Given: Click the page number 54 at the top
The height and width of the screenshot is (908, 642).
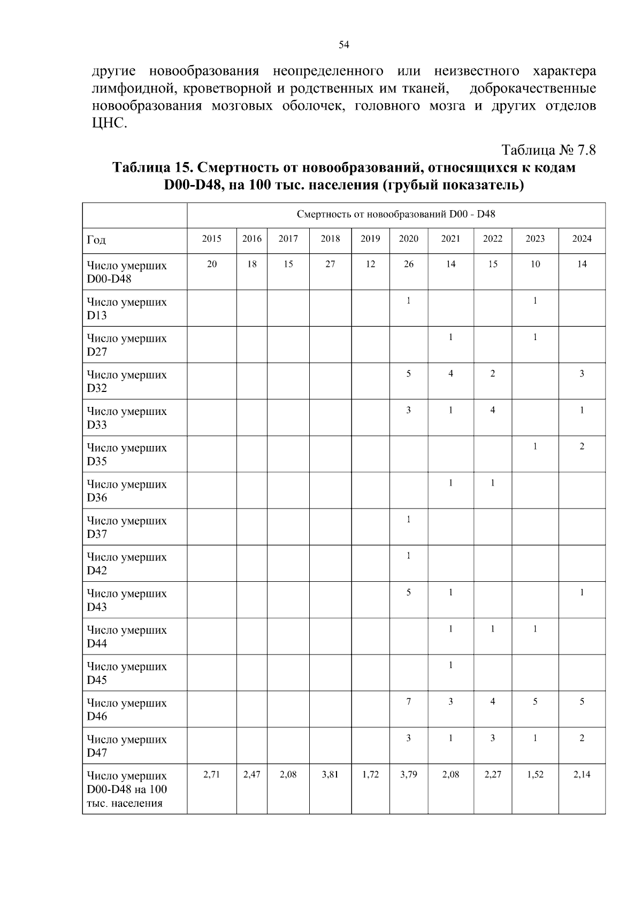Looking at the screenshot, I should click(344, 45).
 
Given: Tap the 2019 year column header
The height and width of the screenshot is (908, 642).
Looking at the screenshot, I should click(370, 238).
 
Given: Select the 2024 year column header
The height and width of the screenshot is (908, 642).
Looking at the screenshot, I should click(582, 238).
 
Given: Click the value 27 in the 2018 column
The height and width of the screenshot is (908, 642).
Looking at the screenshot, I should click(330, 264).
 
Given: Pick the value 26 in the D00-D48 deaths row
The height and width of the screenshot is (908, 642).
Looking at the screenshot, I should click(408, 264).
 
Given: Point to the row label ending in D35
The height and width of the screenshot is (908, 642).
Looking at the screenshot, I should click(127, 454).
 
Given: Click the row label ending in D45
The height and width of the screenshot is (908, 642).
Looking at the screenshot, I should click(127, 673).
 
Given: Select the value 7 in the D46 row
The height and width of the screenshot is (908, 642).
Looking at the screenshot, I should click(408, 702).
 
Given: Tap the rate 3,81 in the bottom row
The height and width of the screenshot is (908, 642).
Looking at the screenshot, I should click(330, 774).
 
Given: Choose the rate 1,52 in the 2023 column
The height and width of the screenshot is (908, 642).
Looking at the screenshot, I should click(535, 774).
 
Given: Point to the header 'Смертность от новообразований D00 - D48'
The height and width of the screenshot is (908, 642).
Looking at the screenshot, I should click(396, 214).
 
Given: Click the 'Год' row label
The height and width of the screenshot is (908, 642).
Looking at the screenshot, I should click(96, 240).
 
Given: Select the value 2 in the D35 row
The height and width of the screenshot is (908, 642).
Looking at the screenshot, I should click(582, 447).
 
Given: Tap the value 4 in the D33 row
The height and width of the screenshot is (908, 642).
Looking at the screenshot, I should click(492, 410).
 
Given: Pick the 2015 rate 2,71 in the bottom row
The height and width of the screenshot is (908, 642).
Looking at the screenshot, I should click(212, 774).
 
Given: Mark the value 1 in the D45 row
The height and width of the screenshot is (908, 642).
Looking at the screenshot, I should click(450, 665).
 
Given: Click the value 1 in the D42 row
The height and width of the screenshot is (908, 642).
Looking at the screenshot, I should click(408, 556).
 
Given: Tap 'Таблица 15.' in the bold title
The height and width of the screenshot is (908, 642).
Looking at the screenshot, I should click(152, 167).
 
